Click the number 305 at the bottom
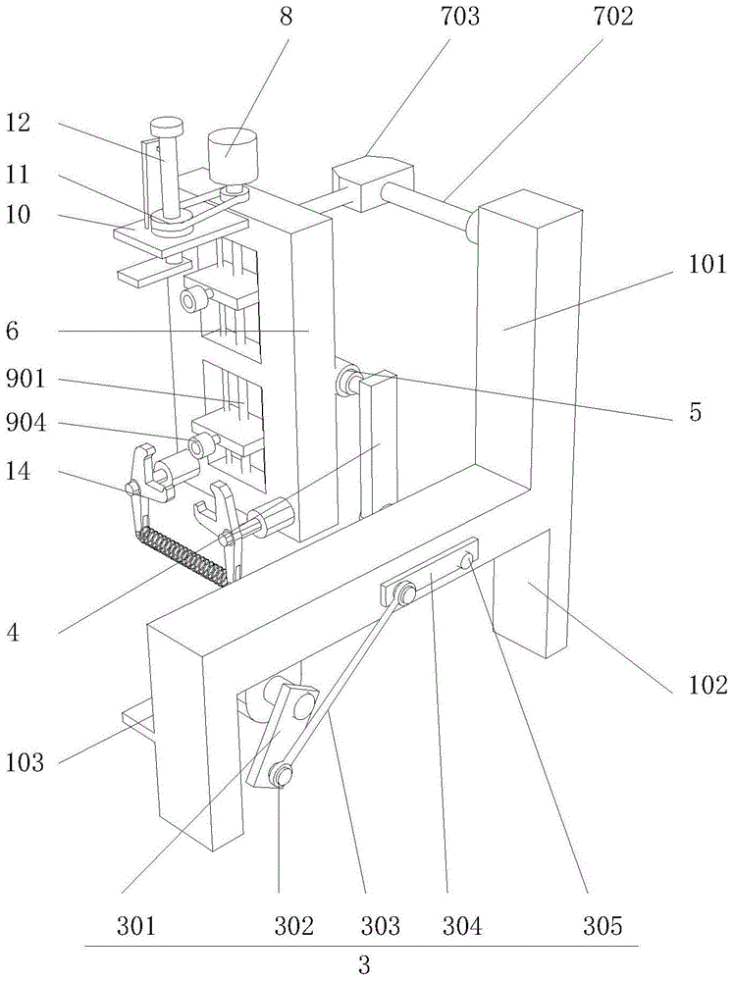click(603, 924)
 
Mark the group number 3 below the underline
click(363, 964)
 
